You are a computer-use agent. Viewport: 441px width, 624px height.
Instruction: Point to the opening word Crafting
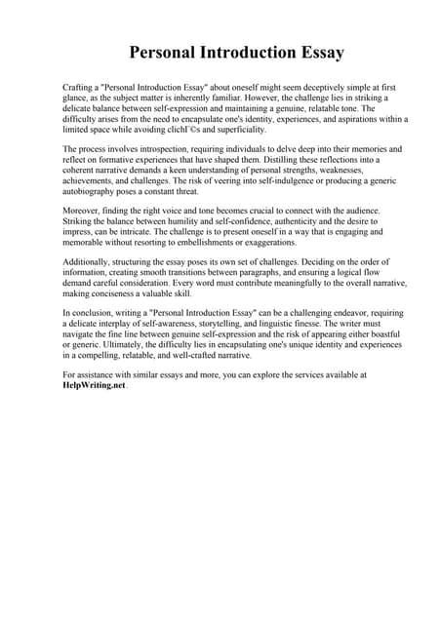[x=79, y=88]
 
